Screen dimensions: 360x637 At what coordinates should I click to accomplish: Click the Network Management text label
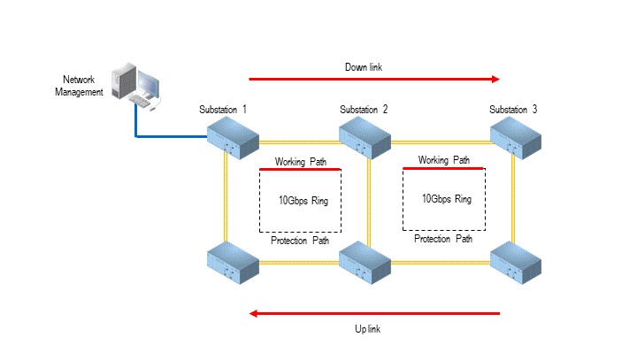(x=79, y=86)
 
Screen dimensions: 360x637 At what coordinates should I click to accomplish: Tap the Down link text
(x=364, y=66)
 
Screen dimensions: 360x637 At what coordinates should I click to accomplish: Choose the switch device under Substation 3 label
(x=516, y=134)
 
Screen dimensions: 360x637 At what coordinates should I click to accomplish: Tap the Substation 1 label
(x=223, y=109)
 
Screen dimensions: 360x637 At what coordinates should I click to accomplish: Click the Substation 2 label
(x=365, y=109)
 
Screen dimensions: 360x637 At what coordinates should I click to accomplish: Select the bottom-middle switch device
(x=365, y=260)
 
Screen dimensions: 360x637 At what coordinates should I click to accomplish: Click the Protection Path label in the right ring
(x=443, y=239)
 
